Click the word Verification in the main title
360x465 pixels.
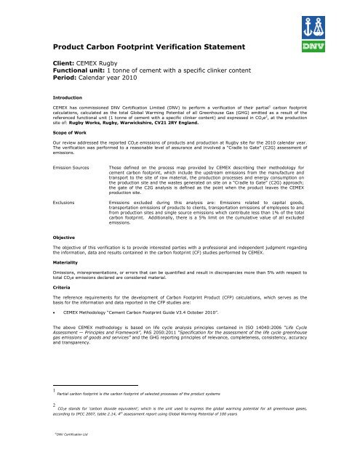point(180,48)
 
